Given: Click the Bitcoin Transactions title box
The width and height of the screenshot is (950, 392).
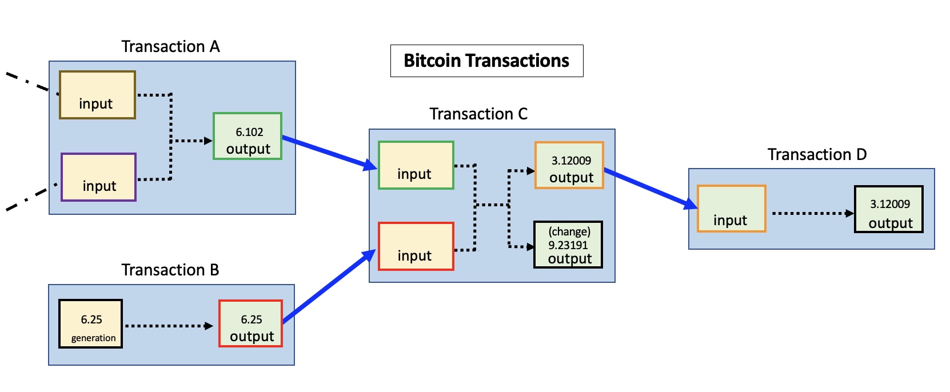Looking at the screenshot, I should (x=486, y=61).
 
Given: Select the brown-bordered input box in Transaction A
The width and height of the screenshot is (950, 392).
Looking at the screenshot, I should (x=97, y=95).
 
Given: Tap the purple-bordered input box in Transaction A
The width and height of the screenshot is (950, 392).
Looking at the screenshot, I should (x=98, y=177).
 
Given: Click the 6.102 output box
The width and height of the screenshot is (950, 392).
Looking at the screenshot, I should (x=248, y=136).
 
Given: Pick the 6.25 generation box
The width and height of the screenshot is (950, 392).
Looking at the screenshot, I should (x=90, y=324).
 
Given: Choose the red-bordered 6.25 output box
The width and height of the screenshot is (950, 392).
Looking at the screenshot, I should (x=250, y=323).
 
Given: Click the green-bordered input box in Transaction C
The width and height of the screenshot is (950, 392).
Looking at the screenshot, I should (x=416, y=165).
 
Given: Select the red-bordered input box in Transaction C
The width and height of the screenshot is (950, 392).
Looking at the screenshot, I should (x=416, y=246).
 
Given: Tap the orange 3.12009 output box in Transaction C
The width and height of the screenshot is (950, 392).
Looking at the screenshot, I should (x=569, y=165).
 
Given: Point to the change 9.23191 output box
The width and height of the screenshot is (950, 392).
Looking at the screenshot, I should (x=568, y=245).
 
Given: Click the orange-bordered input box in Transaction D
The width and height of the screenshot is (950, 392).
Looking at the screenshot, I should (x=731, y=209).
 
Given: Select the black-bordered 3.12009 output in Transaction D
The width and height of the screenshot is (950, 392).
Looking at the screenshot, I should (x=888, y=209).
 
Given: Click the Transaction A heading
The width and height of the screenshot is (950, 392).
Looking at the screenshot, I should (x=170, y=46).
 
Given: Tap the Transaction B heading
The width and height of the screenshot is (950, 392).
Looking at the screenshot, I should (x=170, y=270).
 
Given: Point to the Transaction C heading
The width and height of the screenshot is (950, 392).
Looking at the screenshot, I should (x=478, y=114).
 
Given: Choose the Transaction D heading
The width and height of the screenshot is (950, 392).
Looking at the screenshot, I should (x=817, y=155).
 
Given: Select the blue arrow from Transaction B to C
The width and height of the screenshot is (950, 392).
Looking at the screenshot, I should (x=329, y=287).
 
